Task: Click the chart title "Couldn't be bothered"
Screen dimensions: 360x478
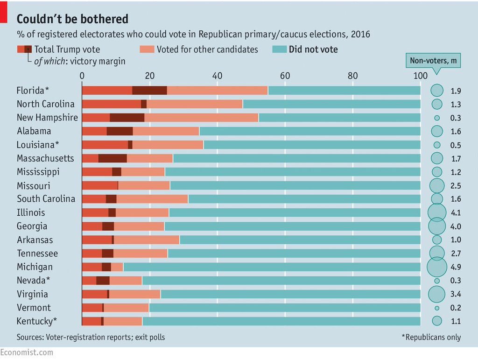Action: click(72, 19)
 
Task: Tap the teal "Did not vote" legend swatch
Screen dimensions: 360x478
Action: click(278, 49)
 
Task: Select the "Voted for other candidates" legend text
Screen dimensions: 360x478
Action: click(207, 49)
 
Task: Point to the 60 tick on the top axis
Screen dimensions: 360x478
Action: click(285, 76)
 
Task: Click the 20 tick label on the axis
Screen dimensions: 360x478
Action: click(149, 76)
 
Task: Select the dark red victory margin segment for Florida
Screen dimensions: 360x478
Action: click(149, 91)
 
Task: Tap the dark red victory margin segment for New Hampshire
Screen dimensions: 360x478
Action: click(127, 118)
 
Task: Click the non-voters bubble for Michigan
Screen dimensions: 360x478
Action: click(437, 267)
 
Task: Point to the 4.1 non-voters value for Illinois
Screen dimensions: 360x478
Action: click(456, 213)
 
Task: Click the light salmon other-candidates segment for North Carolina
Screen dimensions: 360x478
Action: click(194, 104)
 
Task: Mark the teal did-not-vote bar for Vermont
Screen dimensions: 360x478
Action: click(285, 308)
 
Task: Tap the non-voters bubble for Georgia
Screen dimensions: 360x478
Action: click(437, 226)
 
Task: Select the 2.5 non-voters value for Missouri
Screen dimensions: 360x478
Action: click(456, 186)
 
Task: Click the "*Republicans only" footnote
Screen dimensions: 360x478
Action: click(431, 337)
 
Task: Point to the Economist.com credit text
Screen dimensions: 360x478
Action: click(27, 353)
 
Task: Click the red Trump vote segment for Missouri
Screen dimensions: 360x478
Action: click(99, 186)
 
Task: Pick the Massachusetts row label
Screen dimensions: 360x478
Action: click(45, 158)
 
